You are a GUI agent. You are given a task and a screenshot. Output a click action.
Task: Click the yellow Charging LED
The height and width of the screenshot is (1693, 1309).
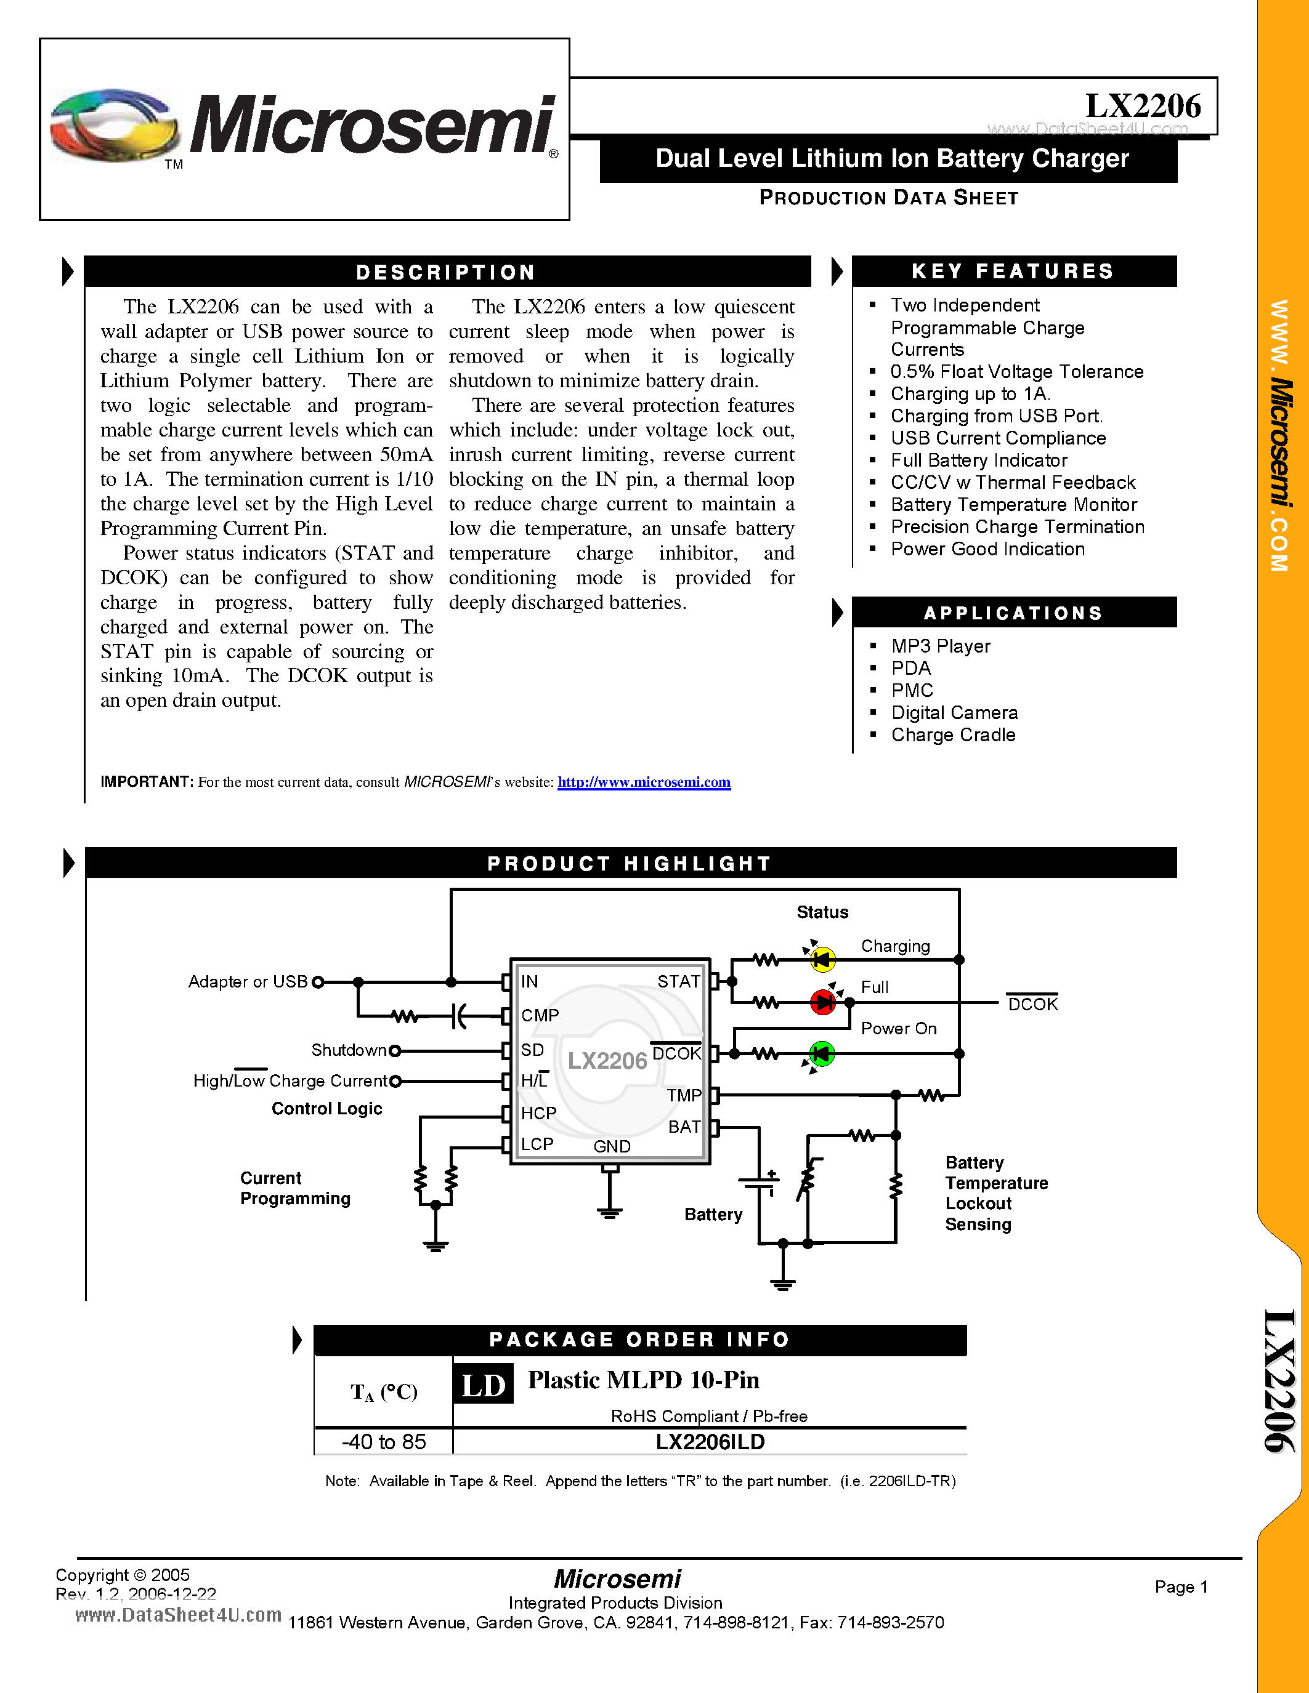(822, 960)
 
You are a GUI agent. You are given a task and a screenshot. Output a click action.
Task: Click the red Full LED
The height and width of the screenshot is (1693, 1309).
(822, 1002)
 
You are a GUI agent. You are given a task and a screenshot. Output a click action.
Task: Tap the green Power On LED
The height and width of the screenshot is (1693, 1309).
(821, 1053)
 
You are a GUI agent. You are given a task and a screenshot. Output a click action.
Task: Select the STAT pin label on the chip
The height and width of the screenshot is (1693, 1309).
(679, 981)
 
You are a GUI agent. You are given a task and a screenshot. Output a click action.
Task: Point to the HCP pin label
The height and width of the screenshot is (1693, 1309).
(538, 1113)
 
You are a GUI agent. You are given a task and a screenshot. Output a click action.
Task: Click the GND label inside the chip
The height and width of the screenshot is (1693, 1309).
(612, 1146)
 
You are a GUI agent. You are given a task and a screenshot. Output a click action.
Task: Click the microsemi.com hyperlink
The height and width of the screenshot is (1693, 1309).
(644, 782)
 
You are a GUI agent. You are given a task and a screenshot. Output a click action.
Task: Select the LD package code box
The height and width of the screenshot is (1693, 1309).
(483, 1385)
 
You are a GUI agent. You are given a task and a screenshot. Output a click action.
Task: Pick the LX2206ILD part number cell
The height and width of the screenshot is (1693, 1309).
(710, 1442)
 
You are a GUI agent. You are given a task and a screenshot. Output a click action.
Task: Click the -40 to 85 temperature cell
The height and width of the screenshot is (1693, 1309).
(384, 1442)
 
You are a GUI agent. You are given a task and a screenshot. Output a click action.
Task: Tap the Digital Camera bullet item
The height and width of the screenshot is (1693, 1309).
(954, 712)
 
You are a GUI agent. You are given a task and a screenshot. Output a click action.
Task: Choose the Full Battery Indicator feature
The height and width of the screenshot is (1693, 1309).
(979, 460)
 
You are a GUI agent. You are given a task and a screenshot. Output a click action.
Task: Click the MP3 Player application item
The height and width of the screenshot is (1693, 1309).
(941, 646)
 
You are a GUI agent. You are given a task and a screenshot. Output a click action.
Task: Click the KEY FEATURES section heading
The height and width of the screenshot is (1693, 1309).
(1013, 271)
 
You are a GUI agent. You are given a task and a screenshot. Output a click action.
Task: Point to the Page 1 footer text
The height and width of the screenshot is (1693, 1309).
(1181, 1586)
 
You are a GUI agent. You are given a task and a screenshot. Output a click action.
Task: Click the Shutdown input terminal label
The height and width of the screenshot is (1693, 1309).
(348, 1050)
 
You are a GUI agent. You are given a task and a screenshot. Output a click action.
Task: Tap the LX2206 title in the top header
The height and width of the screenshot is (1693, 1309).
(1142, 107)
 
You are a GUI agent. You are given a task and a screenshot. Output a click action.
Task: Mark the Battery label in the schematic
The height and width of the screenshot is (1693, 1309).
(713, 1214)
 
